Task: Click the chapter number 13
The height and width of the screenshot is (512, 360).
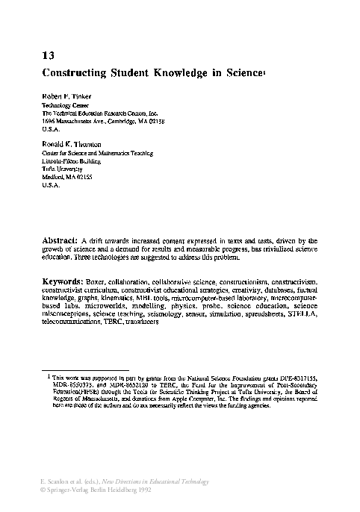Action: [46, 55]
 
